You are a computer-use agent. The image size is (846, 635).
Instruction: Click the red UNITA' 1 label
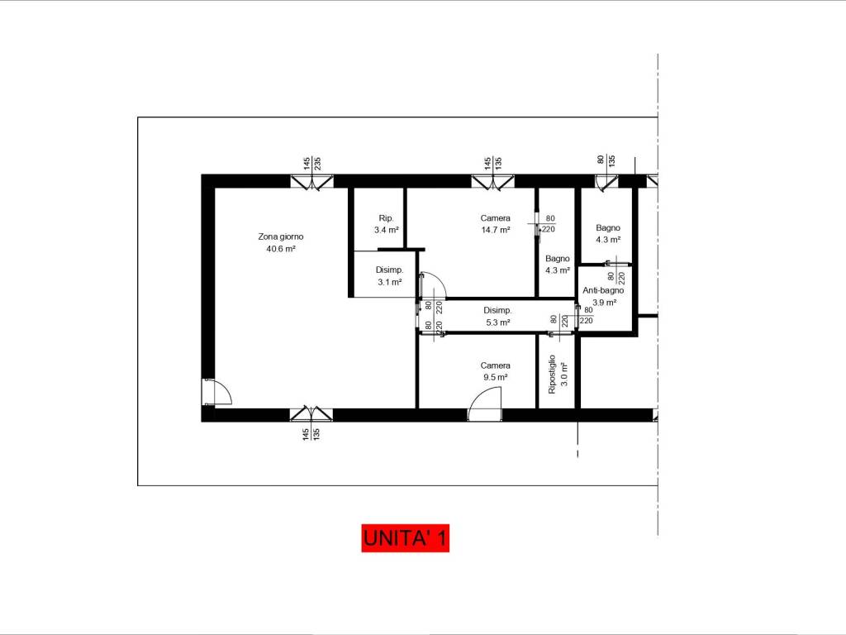(x=405, y=537)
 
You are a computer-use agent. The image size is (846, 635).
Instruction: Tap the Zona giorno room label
(x=281, y=236)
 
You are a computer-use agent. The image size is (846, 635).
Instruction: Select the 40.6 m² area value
(x=281, y=249)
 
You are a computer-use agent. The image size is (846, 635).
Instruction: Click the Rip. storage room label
(x=387, y=218)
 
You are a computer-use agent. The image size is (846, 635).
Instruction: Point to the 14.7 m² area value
(x=496, y=230)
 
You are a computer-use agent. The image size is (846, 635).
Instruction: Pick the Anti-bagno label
(x=603, y=290)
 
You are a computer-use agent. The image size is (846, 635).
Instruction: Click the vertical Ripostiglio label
(x=552, y=375)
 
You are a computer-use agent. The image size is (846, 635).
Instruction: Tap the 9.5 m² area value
(x=496, y=377)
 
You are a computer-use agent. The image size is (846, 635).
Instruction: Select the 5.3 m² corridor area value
(x=497, y=322)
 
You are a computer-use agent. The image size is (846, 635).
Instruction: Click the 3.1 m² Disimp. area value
(x=390, y=282)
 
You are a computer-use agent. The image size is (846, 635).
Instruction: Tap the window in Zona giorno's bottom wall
(x=311, y=413)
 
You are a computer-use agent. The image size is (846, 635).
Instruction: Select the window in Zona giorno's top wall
(x=311, y=183)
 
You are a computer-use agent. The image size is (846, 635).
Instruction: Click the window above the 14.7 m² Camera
(x=492, y=183)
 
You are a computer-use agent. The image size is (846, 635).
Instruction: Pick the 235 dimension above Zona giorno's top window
(x=318, y=163)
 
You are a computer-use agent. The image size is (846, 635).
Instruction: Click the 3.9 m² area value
(x=604, y=303)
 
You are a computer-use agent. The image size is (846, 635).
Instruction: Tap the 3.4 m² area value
(x=387, y=230)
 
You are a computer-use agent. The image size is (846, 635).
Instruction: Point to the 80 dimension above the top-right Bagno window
(x=601, y=160)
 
